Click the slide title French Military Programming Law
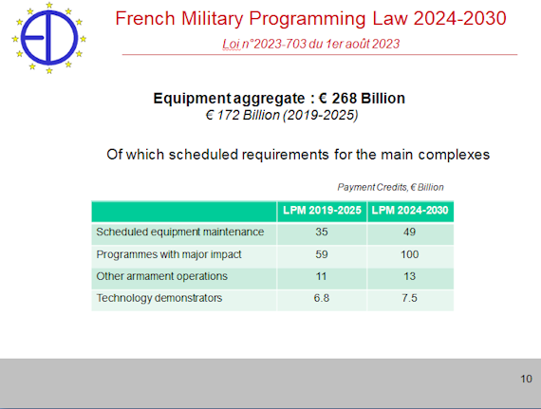(310, 18)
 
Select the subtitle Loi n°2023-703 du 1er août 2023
(311, 44)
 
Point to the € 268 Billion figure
(362, 99)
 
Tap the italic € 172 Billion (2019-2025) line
(282, 115)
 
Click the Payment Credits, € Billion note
(390, 187)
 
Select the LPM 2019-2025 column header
(322, 211)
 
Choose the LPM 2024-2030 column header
(410, 211)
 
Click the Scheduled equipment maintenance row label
(180, 232)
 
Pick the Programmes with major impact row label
(169, 254)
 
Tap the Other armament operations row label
(161, 276)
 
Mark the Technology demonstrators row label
(159, 298)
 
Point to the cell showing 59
(322, 254)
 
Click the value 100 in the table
(409, 254)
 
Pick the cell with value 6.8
(322, 298)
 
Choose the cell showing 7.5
(409, 298)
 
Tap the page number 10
(526, 379)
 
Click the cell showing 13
(409, 276)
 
